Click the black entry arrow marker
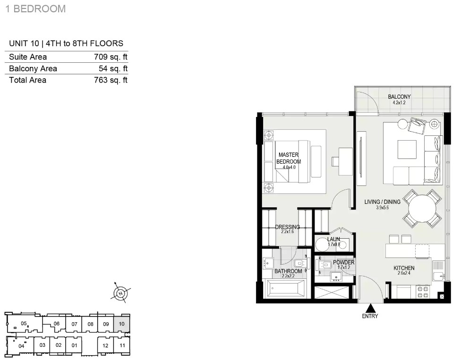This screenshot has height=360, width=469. click(x=371, y=308)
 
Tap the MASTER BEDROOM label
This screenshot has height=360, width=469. click(x=289, y=159)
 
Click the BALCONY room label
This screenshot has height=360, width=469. click(x=399, y=97)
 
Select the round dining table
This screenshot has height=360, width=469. click(x=422, y=208)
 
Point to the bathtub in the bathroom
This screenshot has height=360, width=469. click(x=285, y=289)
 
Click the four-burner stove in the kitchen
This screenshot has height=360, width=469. click(x=423, y=292)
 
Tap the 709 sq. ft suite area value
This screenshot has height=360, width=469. click(x=111, y=57)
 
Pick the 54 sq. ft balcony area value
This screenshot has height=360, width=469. click(x=113, y=68)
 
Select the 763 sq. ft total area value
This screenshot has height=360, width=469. click(x=111, y=80)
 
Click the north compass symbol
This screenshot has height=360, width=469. click(x=120, y=293)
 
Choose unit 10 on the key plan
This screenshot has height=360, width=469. click(x=122, y=324)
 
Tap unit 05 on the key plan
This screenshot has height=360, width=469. click(x=24, y=323)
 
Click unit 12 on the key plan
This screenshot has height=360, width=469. click(x=105, y=346)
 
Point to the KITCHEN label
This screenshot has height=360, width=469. click(x=404, y=268)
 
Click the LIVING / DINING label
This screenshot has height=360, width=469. click(x=382, y=202)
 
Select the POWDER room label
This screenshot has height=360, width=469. click(x=344, y=263)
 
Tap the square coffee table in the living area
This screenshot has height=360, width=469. click(x=407, y=150)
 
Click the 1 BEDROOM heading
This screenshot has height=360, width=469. click(x=35, y=9)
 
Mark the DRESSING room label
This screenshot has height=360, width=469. click(x=288, y=227)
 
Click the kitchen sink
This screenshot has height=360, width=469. click(x=438, y=276)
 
